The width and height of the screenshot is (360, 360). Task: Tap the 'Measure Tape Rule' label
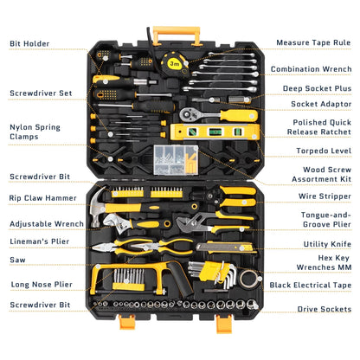(x=312, y=42)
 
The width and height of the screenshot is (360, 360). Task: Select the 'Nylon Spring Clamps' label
(x=35, y=132)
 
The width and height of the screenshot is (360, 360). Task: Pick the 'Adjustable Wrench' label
(x=46, y=223)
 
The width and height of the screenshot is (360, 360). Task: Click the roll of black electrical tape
(x=249, y=279)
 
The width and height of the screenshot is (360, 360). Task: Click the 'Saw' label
(x=17, y=258)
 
